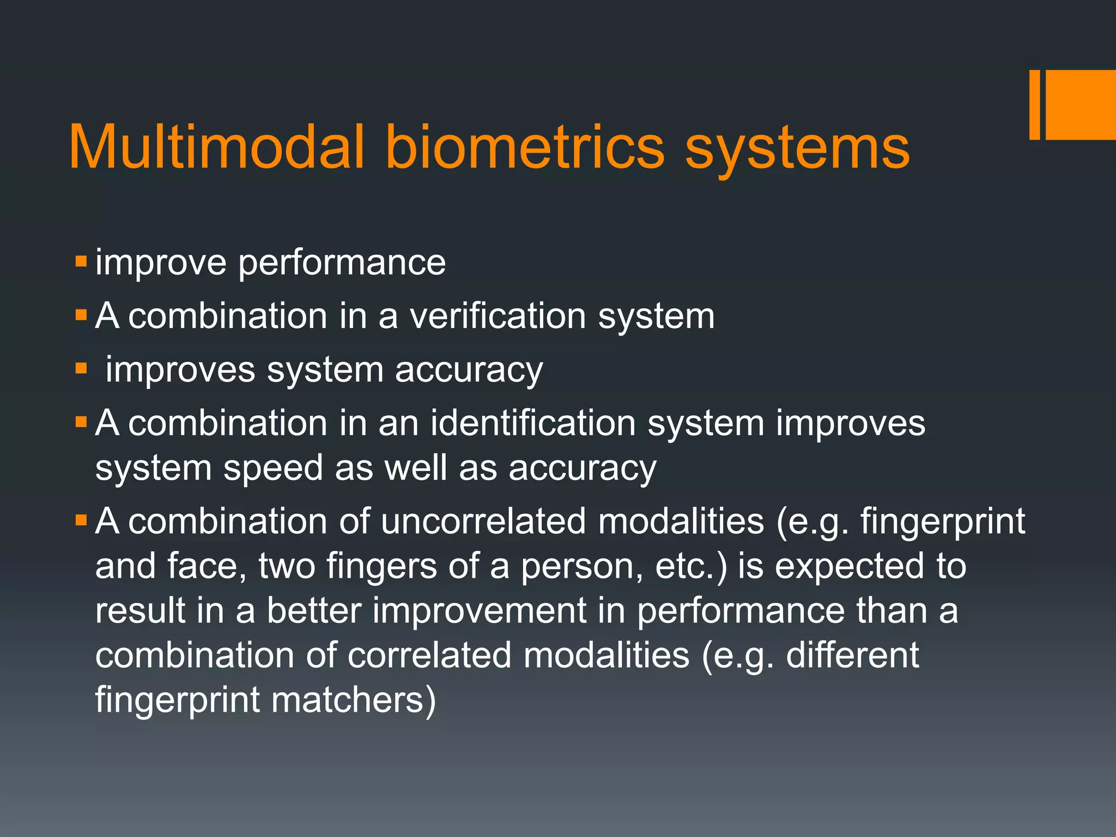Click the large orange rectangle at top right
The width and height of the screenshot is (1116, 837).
(x=1081, y=105)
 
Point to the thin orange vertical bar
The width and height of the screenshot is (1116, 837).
(x=1034, y=105)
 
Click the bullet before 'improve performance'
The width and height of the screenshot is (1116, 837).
(x=81, y=261)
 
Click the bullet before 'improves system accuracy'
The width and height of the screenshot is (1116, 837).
(x=81, y=368)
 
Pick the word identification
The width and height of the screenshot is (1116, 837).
(x=533, y=423)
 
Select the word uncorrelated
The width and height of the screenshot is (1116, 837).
(x=483, y=521)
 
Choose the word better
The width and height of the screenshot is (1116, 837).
(x=314, y=611)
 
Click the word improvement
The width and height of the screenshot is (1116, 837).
(x=480, y=611)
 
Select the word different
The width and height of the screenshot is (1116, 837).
(x=852, y=655)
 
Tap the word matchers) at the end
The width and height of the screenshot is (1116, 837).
(x=354, y=700)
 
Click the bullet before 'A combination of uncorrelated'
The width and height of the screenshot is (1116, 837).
(x=81, y=520)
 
